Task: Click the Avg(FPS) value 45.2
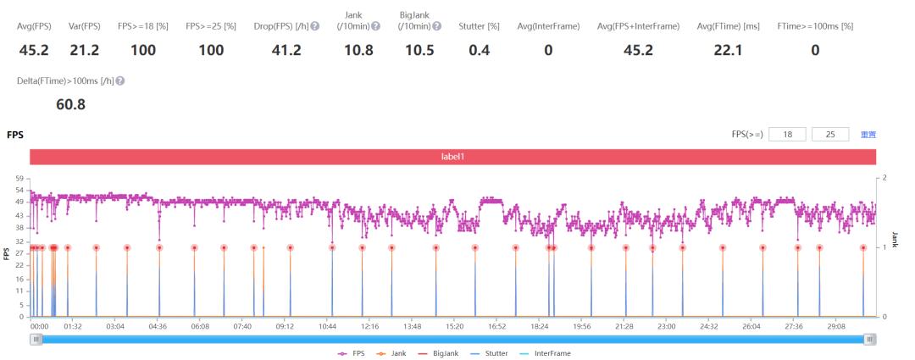(x=34, y=51)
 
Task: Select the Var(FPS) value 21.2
(x=84, y=51)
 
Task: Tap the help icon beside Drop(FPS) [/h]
(x=315, y=27)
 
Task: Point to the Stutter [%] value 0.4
(x=479, y=51)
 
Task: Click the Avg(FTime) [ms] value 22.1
(x=728, y=51)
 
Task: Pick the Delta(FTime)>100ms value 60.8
(x=70, y=105)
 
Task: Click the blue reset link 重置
(x=868, y=135)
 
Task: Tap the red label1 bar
(x=452, y=157)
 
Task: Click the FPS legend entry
(x=353, y=353)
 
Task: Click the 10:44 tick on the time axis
(x=327, y=325)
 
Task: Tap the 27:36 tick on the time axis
(x=795, y=325)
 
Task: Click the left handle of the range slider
(x=36, y=339)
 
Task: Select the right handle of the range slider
(x=870, y=339)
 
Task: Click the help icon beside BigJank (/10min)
(x=435, y=27)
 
